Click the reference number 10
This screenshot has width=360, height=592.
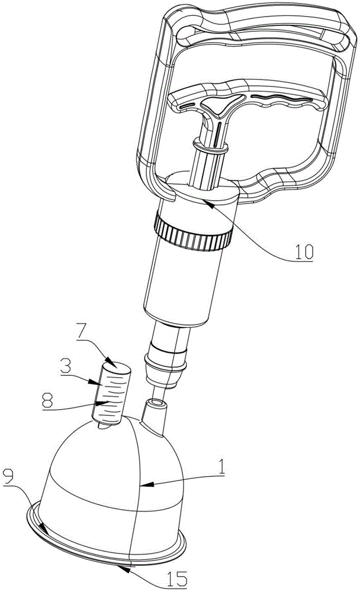tap(304, 251)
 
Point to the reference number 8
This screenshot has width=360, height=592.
tap(47, 401)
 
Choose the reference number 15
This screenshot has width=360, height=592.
tap(177, 578)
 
